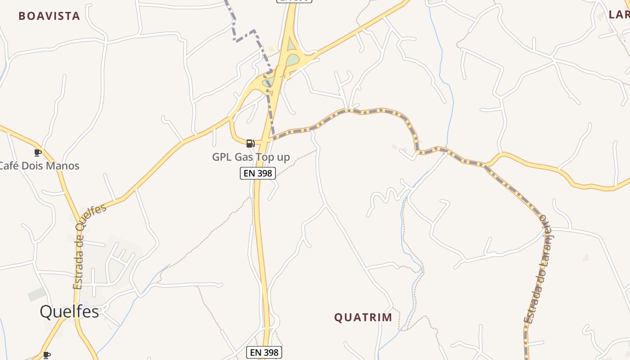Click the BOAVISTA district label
49,16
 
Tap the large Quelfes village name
69,311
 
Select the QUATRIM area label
363,318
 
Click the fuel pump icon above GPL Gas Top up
250,144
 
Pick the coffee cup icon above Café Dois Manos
38,153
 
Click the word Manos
63,166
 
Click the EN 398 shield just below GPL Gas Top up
257,173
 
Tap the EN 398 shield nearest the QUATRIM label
264,352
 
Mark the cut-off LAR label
619,14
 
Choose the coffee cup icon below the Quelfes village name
46,355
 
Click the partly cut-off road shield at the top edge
294,1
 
